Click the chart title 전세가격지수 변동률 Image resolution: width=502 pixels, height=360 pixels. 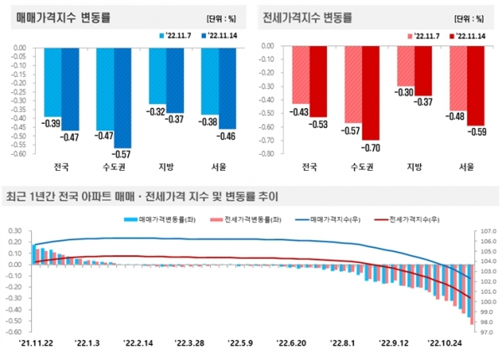pyautogui.click(x=307, y=16)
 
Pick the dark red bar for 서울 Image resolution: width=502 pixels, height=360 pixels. pyautogui.click(x=476, y=87)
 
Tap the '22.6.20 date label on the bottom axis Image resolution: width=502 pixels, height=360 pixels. pyautogui.click(x=293, y=342)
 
